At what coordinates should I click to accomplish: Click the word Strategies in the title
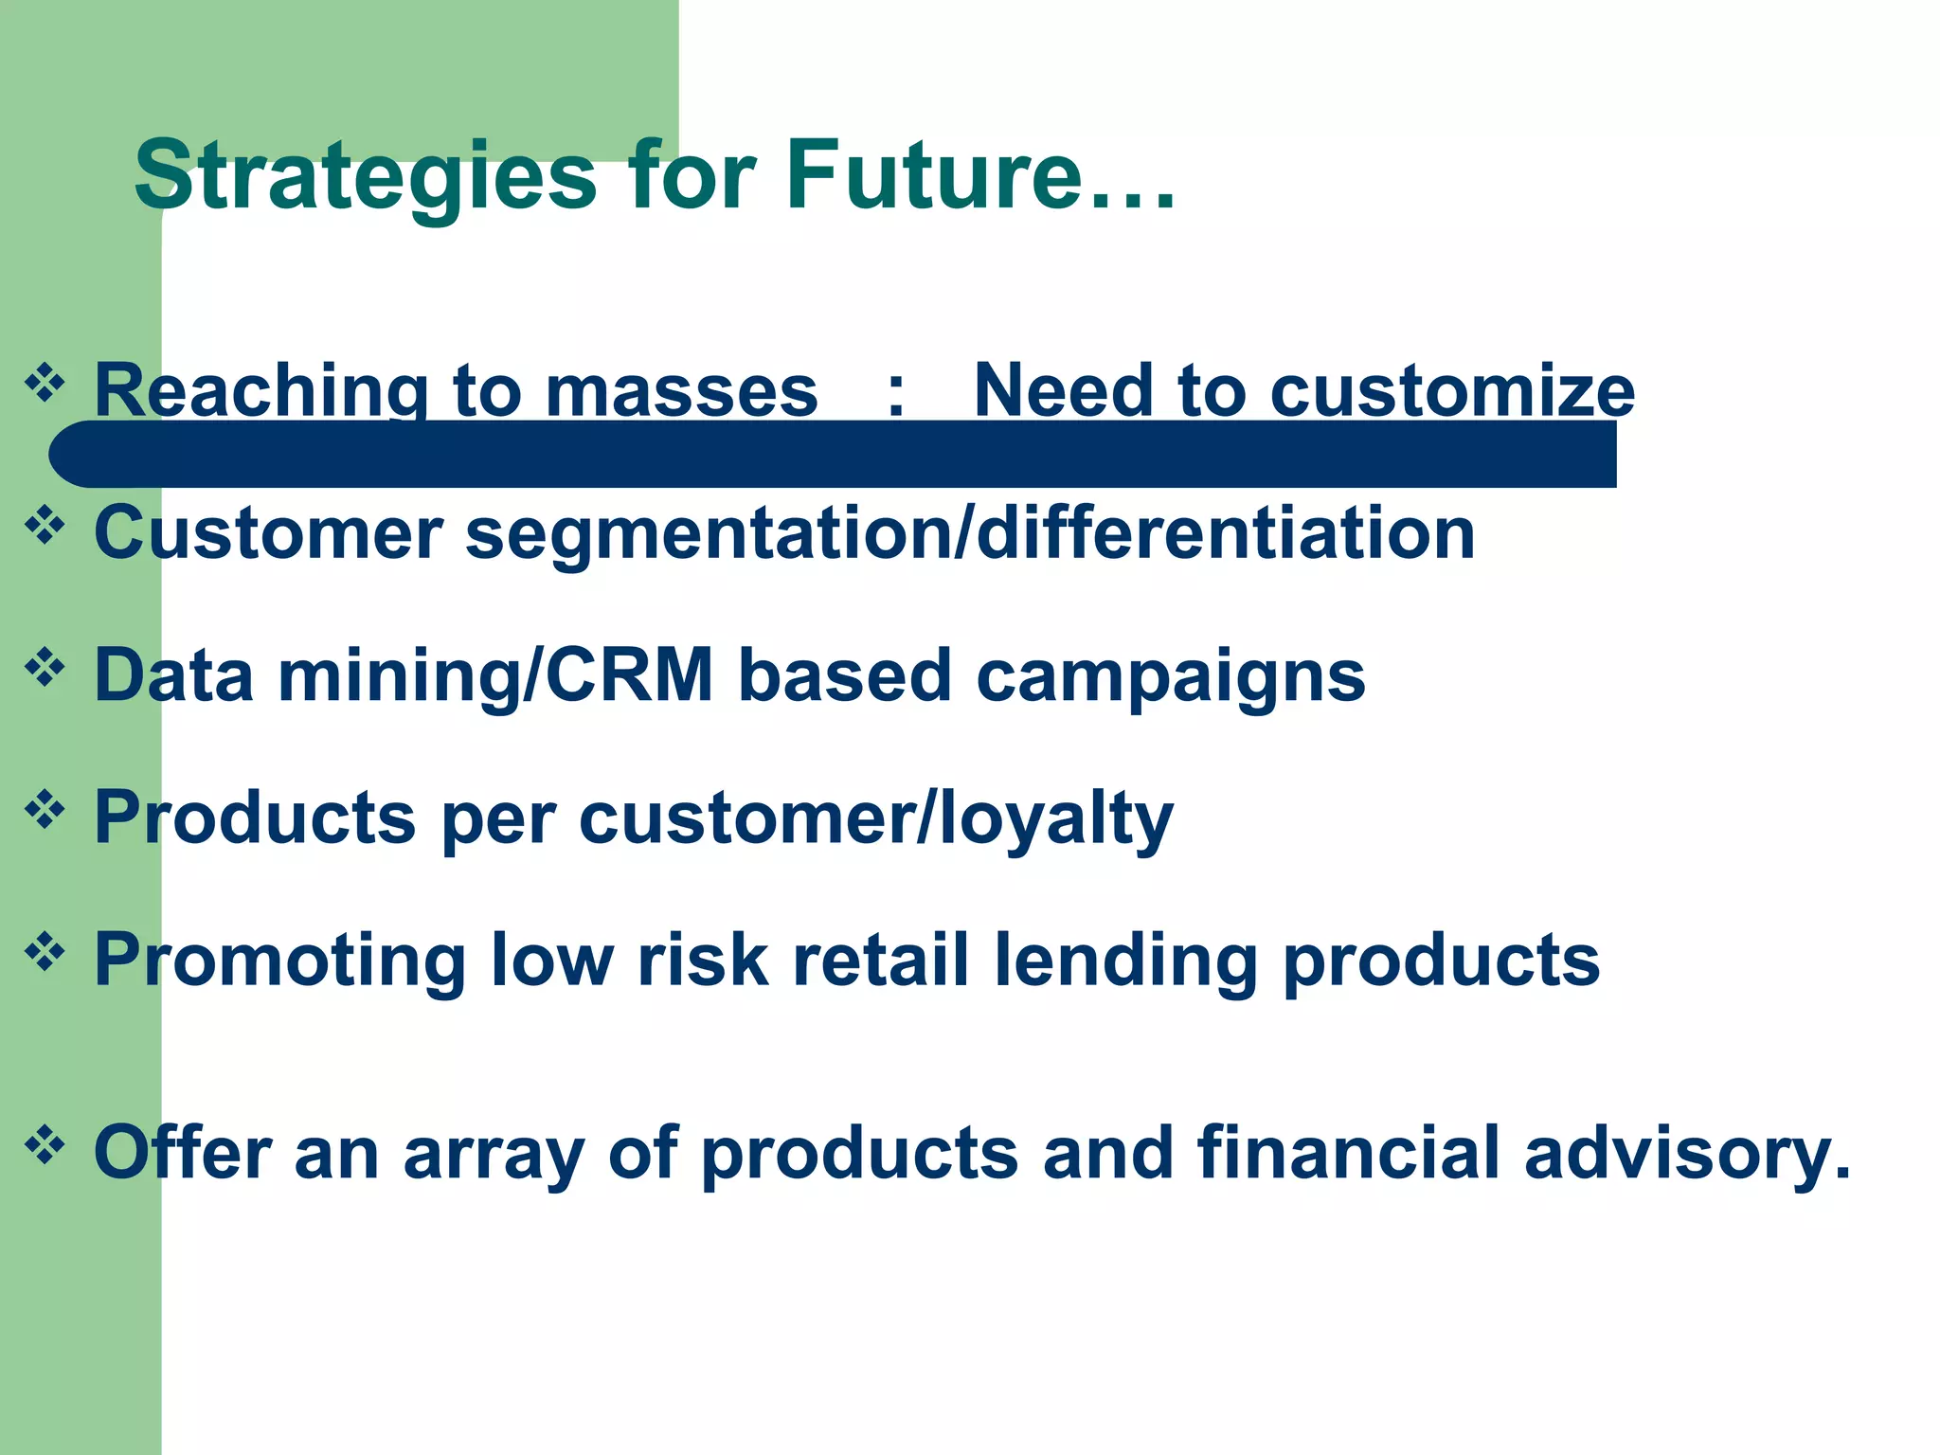point(366,177)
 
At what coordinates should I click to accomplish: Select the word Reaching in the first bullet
point(261,391)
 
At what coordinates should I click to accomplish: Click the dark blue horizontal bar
point(834,455)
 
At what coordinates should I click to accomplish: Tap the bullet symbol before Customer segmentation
point(45,526)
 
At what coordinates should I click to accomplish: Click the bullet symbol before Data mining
point(45,668)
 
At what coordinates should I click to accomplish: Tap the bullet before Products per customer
point(45,810)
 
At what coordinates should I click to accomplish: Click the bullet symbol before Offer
point(45,1146)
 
